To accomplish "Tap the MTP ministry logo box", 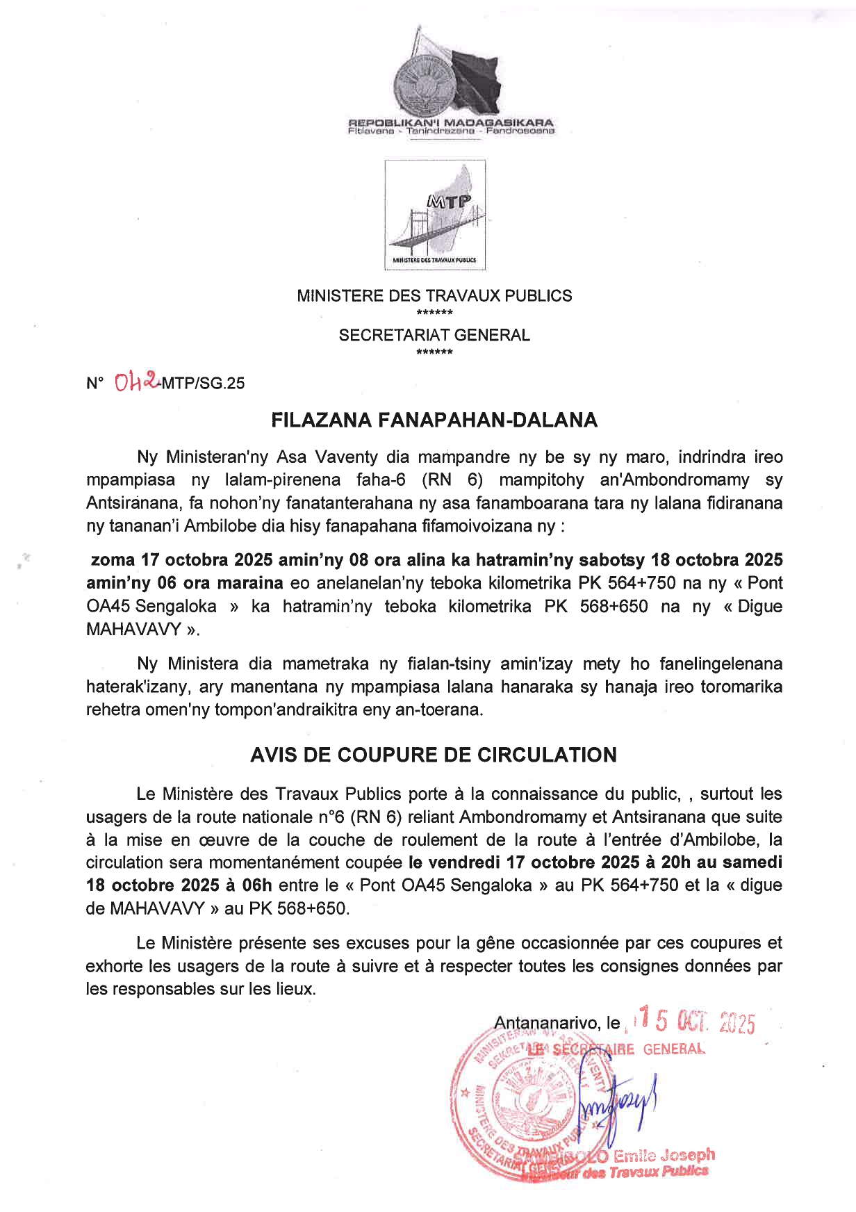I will pyautogui.click(x=435, y=215).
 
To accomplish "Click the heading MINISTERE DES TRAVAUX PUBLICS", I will pyautogui.click(x=434, y=296).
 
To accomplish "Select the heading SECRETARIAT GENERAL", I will pyautogui.click(x=434, y=336).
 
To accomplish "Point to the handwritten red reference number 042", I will pyautogui.click(x=136, y=381).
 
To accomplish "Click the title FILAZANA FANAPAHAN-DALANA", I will pyautogui.click(x=434, y=420).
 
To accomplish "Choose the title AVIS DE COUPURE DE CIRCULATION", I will pyautogui.click(x=434, y=755).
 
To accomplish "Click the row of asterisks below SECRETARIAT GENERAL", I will pyautogui.click(x=434, y=352).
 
